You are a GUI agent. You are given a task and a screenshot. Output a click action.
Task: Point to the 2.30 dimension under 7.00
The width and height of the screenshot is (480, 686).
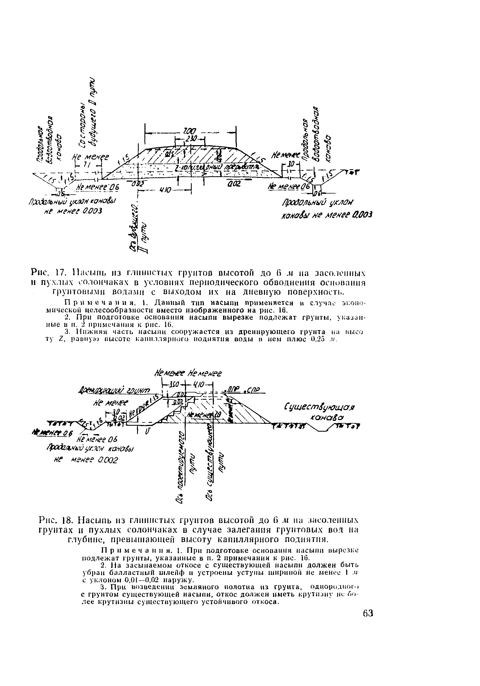click(x=190, y=139)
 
